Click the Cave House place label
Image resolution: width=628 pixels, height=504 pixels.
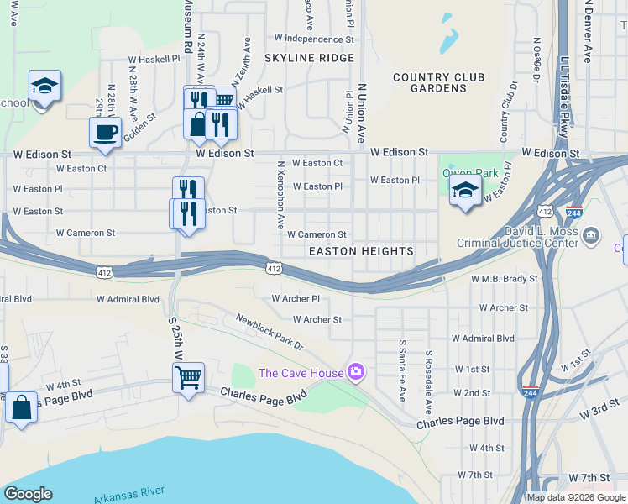[x=300, y=373]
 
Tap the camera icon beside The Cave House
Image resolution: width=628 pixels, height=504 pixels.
[x=356, y=371]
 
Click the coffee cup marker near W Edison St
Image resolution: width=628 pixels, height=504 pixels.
[x=106, y=134]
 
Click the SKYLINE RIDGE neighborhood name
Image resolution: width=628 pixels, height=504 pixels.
[x=309, y=58]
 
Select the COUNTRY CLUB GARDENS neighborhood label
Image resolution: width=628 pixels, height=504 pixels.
[x=438, y=82]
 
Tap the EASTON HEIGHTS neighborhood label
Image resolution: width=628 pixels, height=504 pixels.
[x=361, y=251]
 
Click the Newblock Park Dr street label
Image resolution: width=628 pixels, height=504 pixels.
[x=269, y=332]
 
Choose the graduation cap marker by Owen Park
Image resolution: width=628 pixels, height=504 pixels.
[x=465, y=192]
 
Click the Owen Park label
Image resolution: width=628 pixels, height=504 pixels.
[x=470, y=174]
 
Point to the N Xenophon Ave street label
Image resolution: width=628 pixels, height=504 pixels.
[x=280, y=196]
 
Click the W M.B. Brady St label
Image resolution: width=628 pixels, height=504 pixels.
[x=504, y=278]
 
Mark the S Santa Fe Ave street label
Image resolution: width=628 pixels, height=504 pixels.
[x=403, y=370]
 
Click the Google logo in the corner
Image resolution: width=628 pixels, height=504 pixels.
[x=28, y=494]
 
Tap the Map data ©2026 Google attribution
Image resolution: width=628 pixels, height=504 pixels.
[x=576, y=497]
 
